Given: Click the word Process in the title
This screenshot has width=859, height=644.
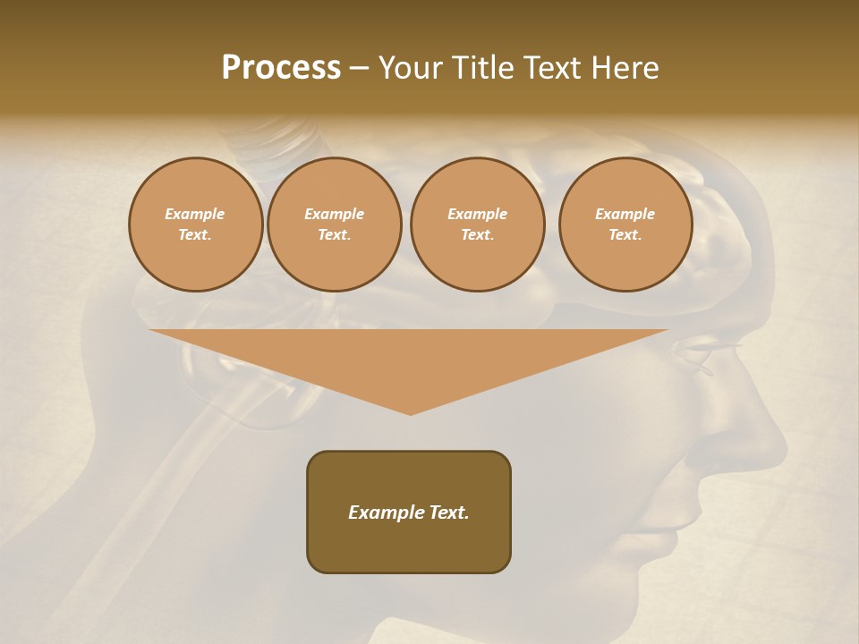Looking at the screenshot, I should click(x=281, y=68).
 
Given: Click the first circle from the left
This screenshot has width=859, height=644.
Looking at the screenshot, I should click(x=195, y=225).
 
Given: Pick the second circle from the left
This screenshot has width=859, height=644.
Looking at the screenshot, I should click(x=335, y=225).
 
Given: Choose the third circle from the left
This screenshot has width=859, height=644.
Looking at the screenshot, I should click(x=477, y=225).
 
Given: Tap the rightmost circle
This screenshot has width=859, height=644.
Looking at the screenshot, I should click(x=625, y=225).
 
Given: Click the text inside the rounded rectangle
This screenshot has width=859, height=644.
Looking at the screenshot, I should click(x=409, y=513).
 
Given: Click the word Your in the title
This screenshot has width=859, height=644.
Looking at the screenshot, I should click(x=410, y=68).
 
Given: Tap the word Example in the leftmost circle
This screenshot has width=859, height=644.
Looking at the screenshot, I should click(x=195, y=214).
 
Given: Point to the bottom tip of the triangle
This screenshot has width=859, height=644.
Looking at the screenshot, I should click(x=411, y=413).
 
